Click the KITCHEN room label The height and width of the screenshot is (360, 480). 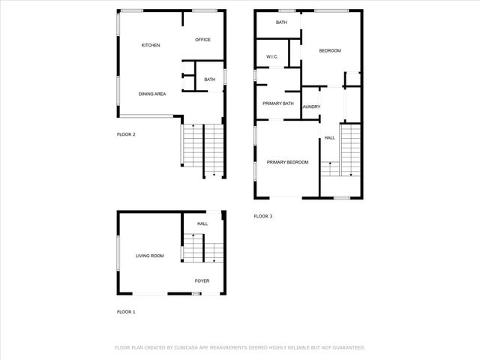coord(151,46)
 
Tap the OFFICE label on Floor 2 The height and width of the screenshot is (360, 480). coord(202,40)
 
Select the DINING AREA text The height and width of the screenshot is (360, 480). coord(152,94)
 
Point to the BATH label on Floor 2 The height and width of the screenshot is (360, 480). coord(209,79)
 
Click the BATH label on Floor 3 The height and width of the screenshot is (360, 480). coord(281,22)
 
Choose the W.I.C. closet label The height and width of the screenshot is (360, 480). coord(272,57)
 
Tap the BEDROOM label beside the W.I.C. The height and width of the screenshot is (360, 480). coord(330,51)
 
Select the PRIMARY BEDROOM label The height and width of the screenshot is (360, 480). coord(287,162)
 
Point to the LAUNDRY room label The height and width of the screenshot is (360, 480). coord(311,107)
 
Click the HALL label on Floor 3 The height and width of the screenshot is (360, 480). coord(330,137)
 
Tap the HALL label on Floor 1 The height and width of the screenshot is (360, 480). coord(202,223)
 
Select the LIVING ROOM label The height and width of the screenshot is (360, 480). coord(150,256)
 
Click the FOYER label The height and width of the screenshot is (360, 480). coord(202,281)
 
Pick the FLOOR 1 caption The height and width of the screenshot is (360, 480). coord(126,311)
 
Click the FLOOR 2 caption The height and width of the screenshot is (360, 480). coord(126,135)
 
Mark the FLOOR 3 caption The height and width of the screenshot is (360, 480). coord(263,216)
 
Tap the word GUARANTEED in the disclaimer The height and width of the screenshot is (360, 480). coord(347,347)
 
